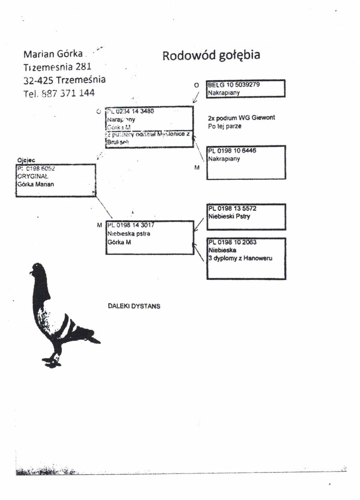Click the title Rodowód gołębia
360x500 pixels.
coord(211,56)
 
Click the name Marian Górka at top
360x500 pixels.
coord(53,54)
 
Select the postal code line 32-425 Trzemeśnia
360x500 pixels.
coord(64,80)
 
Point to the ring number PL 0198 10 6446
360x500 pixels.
coord(232,151)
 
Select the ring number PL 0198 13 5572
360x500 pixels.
coord(232,209)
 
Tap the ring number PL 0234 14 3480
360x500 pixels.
coord(130,111)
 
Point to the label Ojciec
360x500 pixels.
coord(25,160)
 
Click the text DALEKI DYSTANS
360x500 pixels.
coord(134,306)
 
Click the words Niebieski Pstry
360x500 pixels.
coord(229,217)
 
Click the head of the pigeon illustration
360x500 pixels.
coord(39,270)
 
